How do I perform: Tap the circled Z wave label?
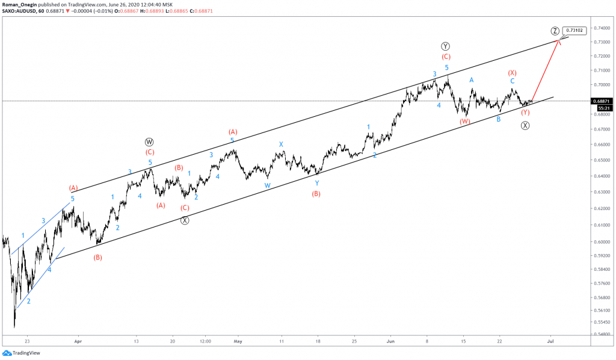[555, 31]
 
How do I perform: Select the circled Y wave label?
[445, 46]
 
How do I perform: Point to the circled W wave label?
[150, 142]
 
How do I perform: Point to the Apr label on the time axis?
[77, 340]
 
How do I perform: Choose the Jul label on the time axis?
[549, 340]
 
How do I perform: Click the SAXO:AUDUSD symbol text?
[20, 11]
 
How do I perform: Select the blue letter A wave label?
[472, 79]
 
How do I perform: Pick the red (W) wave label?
[465, 121]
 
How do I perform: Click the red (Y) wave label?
[525, 113]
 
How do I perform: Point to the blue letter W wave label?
[267, 185]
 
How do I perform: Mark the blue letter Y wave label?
[316, 182]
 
